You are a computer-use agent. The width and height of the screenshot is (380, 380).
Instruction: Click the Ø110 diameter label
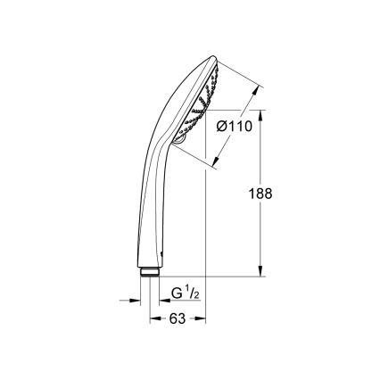tap(235, 127)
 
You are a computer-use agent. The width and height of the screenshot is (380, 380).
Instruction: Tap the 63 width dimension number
tap(177, 318)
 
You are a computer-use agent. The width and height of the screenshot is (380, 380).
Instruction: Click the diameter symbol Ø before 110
tap(223, 127)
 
